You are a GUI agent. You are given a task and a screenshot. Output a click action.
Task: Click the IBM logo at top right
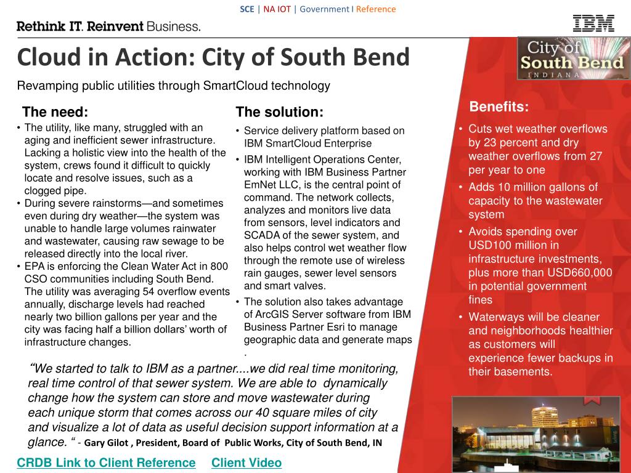[x=593, y=23]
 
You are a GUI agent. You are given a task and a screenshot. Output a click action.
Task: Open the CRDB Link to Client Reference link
[x=106, y=463]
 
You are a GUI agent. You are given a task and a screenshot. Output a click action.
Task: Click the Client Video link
[x=246, y=463]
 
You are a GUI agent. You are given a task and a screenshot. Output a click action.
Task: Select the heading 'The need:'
[x=55, y=112]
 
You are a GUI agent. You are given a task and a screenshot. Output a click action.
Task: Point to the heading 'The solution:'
[x=279, y=112]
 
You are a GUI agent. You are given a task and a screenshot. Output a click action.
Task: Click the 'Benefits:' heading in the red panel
[x=499, y=107]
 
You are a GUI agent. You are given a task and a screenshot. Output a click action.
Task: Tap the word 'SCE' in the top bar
[x=246, y=9]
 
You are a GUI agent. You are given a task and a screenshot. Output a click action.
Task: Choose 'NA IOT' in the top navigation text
[x=277, y=9]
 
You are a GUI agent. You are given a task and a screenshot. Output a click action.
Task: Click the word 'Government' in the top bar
[x=324, y=9]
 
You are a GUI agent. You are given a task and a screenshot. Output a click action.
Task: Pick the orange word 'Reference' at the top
[x=376, y=9]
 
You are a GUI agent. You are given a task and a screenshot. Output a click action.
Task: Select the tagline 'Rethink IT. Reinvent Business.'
[x=108, y=26]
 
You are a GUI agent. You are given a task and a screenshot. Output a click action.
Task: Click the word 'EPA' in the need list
[x=35, y=267]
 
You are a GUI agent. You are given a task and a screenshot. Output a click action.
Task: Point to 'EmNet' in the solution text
[x=259, y=185]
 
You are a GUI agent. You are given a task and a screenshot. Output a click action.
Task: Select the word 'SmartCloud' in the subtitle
[x=235, y=86]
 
